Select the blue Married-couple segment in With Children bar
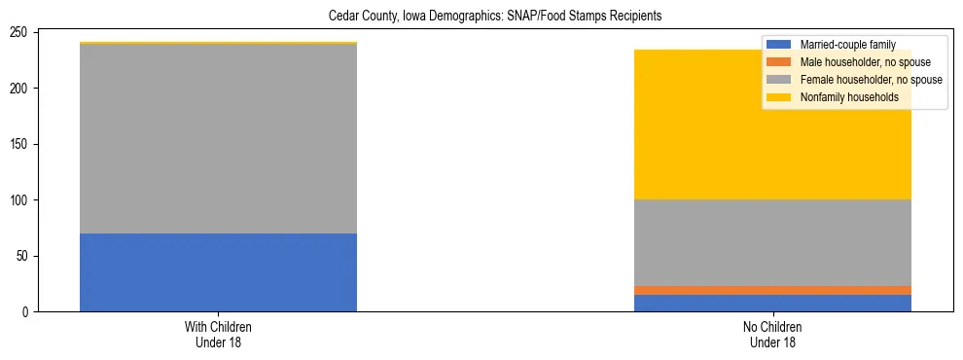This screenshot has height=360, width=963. click(x=218, y=272)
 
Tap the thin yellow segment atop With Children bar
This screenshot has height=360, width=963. click(x=218, y=43)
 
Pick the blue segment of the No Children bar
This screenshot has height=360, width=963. click(x=772, y=303)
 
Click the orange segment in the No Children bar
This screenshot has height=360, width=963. click(x=772, y=290)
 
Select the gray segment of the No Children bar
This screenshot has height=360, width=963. click(x=772, y=242)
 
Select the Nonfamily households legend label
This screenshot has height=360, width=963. click(x=849, y=97)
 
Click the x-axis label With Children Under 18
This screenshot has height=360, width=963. click(x=218, y=335)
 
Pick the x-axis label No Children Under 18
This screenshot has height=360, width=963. click(x=772, y=335)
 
